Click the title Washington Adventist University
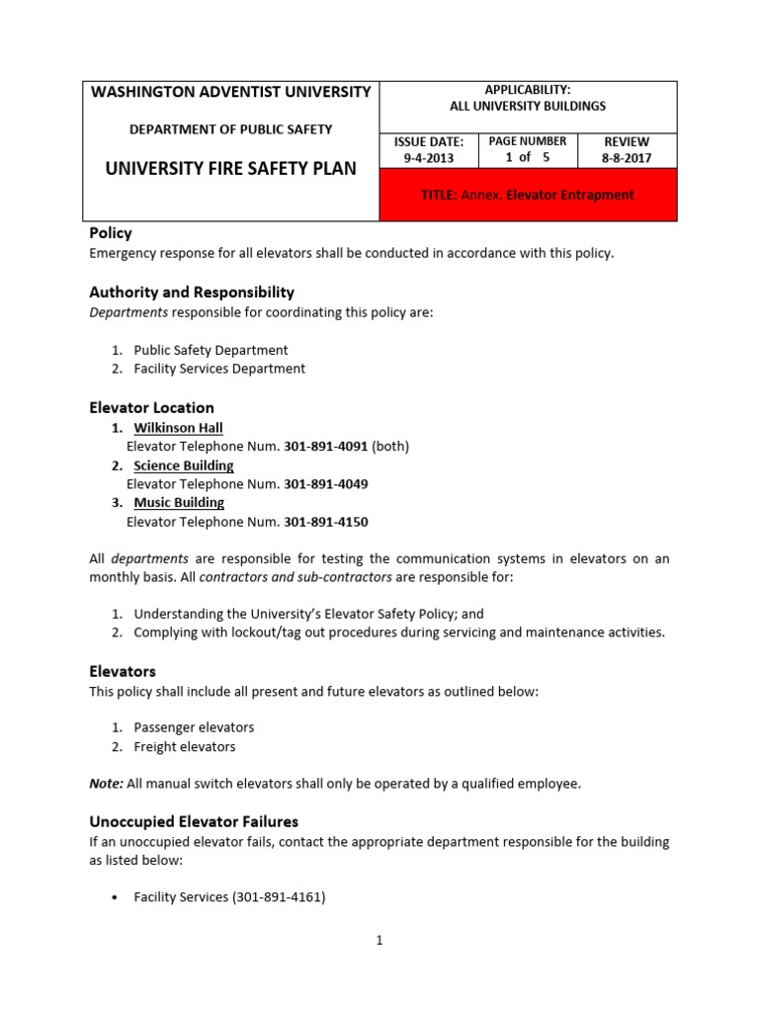[230, 92]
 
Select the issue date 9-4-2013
[428, 157]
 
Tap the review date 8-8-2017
[627, 157]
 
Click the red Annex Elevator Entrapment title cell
[528, 195]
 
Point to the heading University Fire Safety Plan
[230, 169]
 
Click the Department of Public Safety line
[230, 129]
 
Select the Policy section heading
[111, 233]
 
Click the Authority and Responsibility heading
[192, 293]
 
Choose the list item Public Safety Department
[211, 350]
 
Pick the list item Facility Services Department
[219, 369]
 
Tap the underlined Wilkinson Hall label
[178, 428]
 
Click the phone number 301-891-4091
[325, 447]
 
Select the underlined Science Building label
[184, 465]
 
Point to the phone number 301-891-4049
[325, 484]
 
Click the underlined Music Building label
[179, 503]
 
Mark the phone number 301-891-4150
[325, 522]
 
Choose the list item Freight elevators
[185, 747]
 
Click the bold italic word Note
[106, 784]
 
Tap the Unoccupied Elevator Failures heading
[194, 821]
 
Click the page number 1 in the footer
[379, 941]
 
